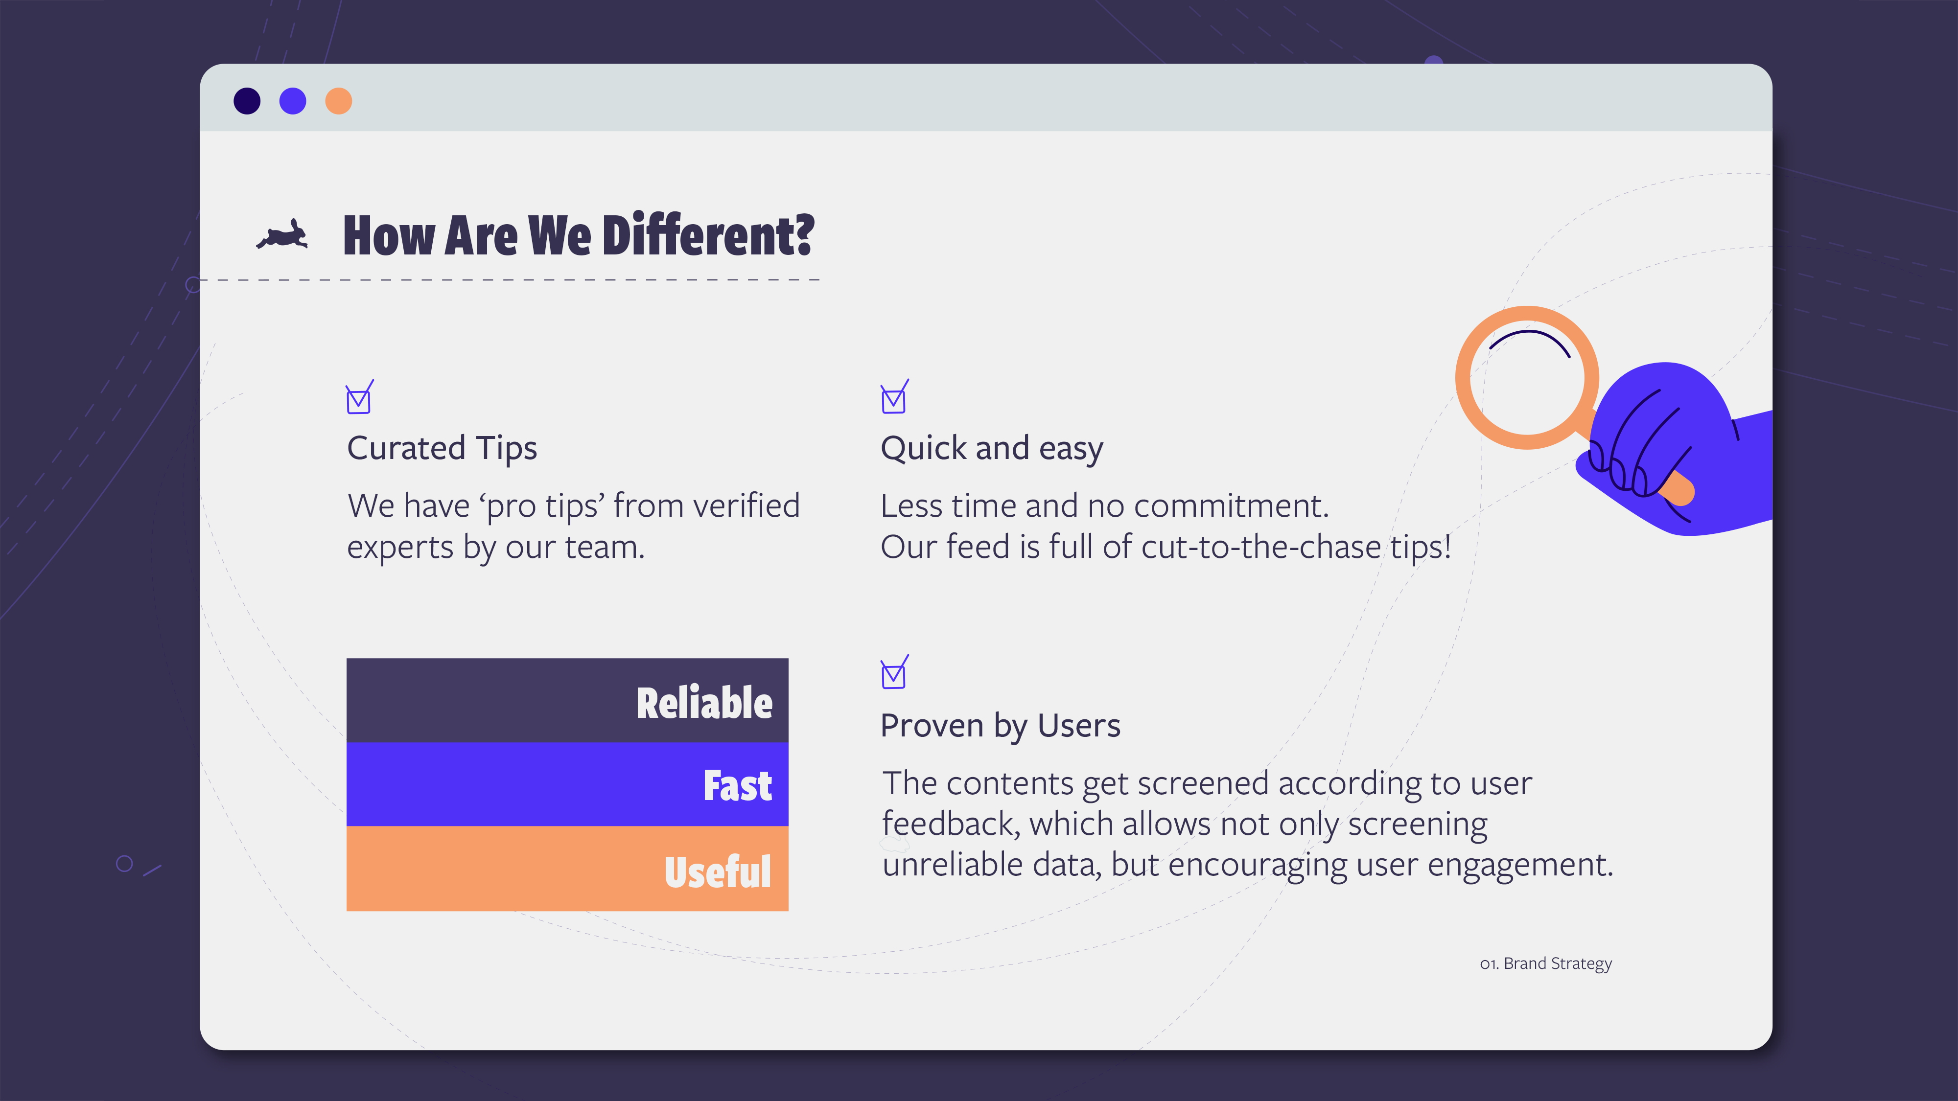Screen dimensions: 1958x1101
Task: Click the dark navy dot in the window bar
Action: click(x=247, y=101)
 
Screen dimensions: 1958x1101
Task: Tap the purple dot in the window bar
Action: click(x=293, y=101)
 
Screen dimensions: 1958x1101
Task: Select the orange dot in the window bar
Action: click(x=338, y=101)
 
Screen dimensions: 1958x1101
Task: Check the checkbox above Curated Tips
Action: click(x=359, y=397)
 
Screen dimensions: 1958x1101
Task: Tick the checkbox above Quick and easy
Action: click(x=894, y=397)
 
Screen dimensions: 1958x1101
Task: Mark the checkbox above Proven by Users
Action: click(x=894, y=672)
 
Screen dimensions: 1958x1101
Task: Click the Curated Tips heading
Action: click(x=442, y=448)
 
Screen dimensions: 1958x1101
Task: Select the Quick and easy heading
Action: click(x=992, y=448)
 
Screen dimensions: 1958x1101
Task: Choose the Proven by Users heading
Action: click(x=1000, y=726)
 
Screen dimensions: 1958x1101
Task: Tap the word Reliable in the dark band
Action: click(x=704, y=703)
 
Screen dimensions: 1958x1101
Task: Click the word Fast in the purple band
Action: click(x=737, y=786)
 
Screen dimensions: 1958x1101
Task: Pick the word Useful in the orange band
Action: click(x=718, y=872)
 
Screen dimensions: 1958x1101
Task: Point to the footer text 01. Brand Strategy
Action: click(x=1546, y=963)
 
